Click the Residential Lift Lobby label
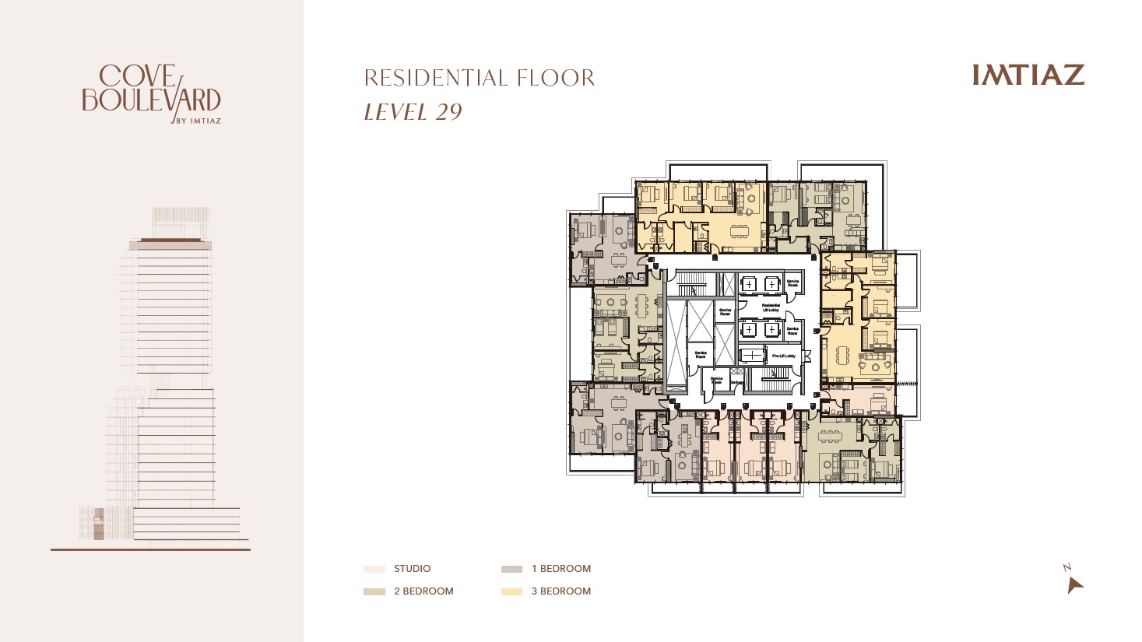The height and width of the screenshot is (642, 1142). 771,308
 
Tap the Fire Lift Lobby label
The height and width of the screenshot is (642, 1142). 783,356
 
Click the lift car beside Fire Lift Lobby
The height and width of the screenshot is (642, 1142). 752,356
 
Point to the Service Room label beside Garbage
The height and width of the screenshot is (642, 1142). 716,381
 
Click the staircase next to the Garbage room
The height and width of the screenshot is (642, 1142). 775,381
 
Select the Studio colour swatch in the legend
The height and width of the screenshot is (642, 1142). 374,569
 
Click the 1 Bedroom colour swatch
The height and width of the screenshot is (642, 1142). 511,569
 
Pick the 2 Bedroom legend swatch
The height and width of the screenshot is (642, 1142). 374,591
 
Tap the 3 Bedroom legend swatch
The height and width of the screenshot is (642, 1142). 511,591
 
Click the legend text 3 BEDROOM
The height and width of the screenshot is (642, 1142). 560,591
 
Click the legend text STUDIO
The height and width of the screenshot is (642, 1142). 412,569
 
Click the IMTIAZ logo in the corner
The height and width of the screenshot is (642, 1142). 1028,75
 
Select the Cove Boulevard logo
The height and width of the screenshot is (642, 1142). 151,89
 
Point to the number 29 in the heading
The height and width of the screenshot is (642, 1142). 448,112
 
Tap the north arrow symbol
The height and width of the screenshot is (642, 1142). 1074,584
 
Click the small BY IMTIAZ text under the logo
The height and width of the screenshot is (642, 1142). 199,121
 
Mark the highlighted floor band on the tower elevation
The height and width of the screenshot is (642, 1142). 170,245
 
